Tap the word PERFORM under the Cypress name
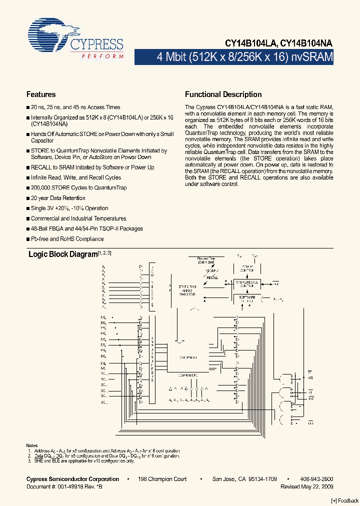pyautogui.click(x=102, y=56)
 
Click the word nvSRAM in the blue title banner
pyautogui.click(x=312, y=56)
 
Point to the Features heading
pyautogui.click(x=40, y=94)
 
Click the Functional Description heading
pyautogui.click(x=223, y=94)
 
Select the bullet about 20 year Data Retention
pyautogui.click(x=58, y=198)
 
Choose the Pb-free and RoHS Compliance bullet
pyautogui.click(x=60, y=239)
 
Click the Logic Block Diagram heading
pyautogui.click(x=62, y=254)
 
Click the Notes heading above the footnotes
pyautogui.click(x=31, y=445)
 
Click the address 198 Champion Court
pyautogui.click(x=162, y=479)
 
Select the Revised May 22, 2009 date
pyautogui.click(x=306, y=486)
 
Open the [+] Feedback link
pyautogui.click(x=345, y=501)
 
